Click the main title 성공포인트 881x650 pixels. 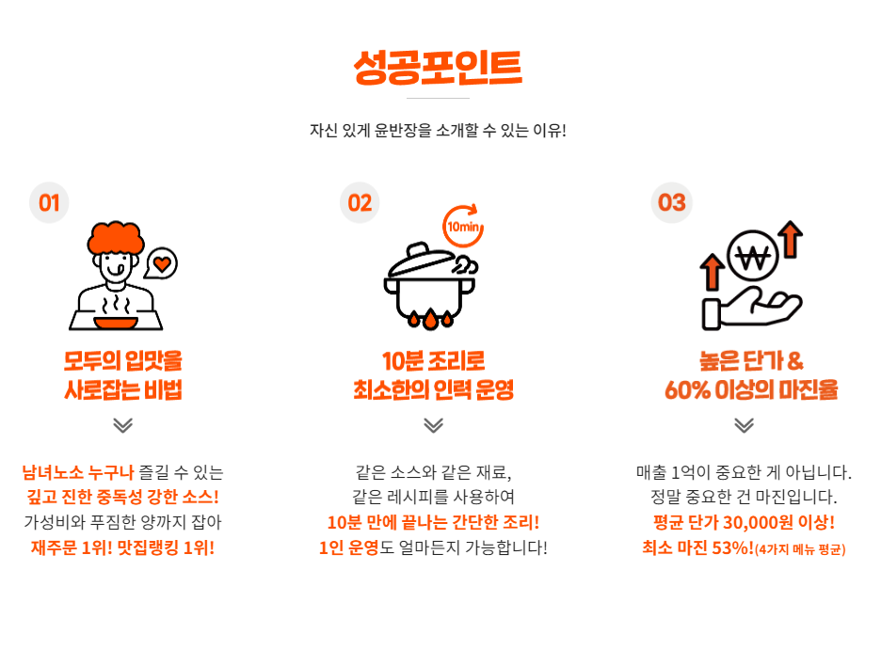coord(438,68)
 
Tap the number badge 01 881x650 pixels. coord(49,202)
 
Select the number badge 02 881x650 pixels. coord(360,202)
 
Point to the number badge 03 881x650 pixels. coord(671,202)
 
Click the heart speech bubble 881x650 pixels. coord(161,263)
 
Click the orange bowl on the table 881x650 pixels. coord(116,323)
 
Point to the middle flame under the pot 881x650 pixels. coord(430,320)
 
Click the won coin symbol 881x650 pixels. coord(752,257)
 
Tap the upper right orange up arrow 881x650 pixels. coord(791,240)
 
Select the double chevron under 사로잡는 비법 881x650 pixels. coord(123,425)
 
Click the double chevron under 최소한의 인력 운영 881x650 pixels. coord(434,425)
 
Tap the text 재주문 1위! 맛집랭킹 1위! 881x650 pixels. coord(122,547)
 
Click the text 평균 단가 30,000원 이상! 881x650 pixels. coord(744,523)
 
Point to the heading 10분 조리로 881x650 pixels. coord(433,361)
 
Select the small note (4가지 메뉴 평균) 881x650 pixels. coord(800,549)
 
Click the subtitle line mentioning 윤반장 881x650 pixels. coord(438,130)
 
